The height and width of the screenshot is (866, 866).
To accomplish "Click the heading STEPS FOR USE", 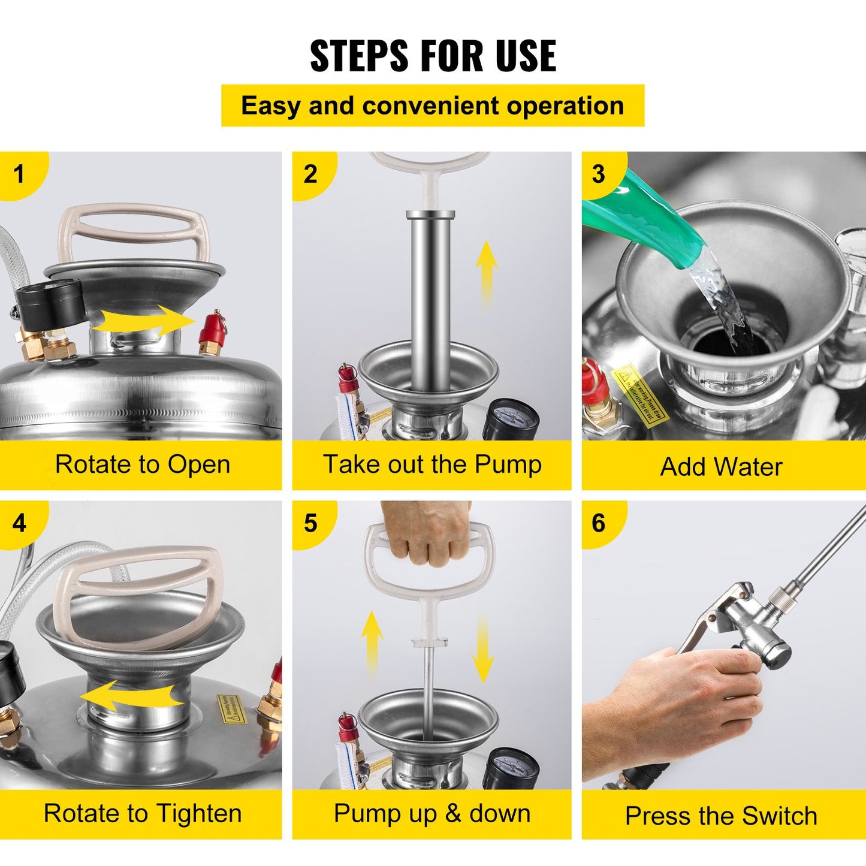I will (433, 56).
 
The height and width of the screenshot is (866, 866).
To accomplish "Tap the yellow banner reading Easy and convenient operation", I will (433, 106).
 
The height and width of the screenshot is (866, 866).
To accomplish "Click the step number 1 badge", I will (20, 174).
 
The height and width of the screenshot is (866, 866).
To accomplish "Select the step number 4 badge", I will (20, 523).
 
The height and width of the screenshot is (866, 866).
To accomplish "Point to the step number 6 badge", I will (599, 523).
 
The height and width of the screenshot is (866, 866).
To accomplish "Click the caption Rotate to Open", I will (142, 464).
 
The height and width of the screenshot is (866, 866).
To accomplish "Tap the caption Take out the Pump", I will (432, 464).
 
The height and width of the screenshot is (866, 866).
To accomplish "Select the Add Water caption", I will (721, 467).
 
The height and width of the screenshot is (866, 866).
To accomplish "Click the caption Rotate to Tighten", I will (142, 813).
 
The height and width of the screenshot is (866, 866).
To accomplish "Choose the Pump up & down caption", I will (432, 813).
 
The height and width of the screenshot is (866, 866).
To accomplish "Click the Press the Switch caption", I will (721, 816).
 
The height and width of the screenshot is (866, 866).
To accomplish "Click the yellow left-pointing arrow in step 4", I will (132, 697).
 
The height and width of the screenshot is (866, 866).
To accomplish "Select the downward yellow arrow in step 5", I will (482, 650).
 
